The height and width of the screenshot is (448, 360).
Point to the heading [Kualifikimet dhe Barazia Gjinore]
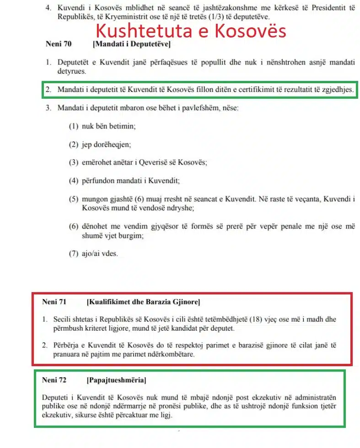coord(143,302)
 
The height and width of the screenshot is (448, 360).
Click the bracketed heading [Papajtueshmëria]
coord(116,380)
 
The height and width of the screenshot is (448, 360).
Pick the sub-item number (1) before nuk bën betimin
coord(74,126)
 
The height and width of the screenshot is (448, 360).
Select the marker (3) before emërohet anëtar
coord(74,162)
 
